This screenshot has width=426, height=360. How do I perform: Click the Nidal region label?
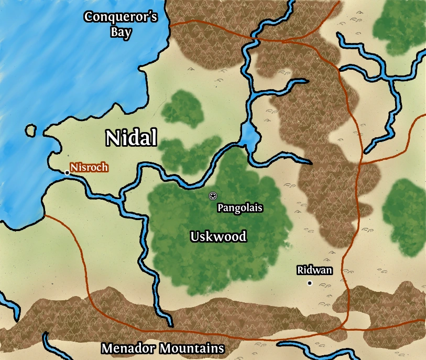tap(131, 138)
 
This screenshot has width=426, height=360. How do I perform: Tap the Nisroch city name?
tap(90, 168)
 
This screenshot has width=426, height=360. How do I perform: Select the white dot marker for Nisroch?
tap(67, 172)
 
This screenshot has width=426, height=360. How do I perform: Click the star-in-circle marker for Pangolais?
tap(212, 196)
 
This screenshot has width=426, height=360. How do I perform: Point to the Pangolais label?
tap(239, 208)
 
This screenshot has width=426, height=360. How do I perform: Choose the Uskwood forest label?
tap(218, 236)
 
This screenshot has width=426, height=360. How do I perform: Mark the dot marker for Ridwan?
tap(310, 283)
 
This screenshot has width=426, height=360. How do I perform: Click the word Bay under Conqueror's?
tap(121, 31)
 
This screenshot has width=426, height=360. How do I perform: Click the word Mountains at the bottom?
tap(192, 348)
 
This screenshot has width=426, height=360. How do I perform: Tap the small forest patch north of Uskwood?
tap(182, 108)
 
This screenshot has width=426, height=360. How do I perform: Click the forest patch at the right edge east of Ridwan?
tap(406, 210)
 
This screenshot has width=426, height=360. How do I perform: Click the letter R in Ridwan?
tap(300, 270)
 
